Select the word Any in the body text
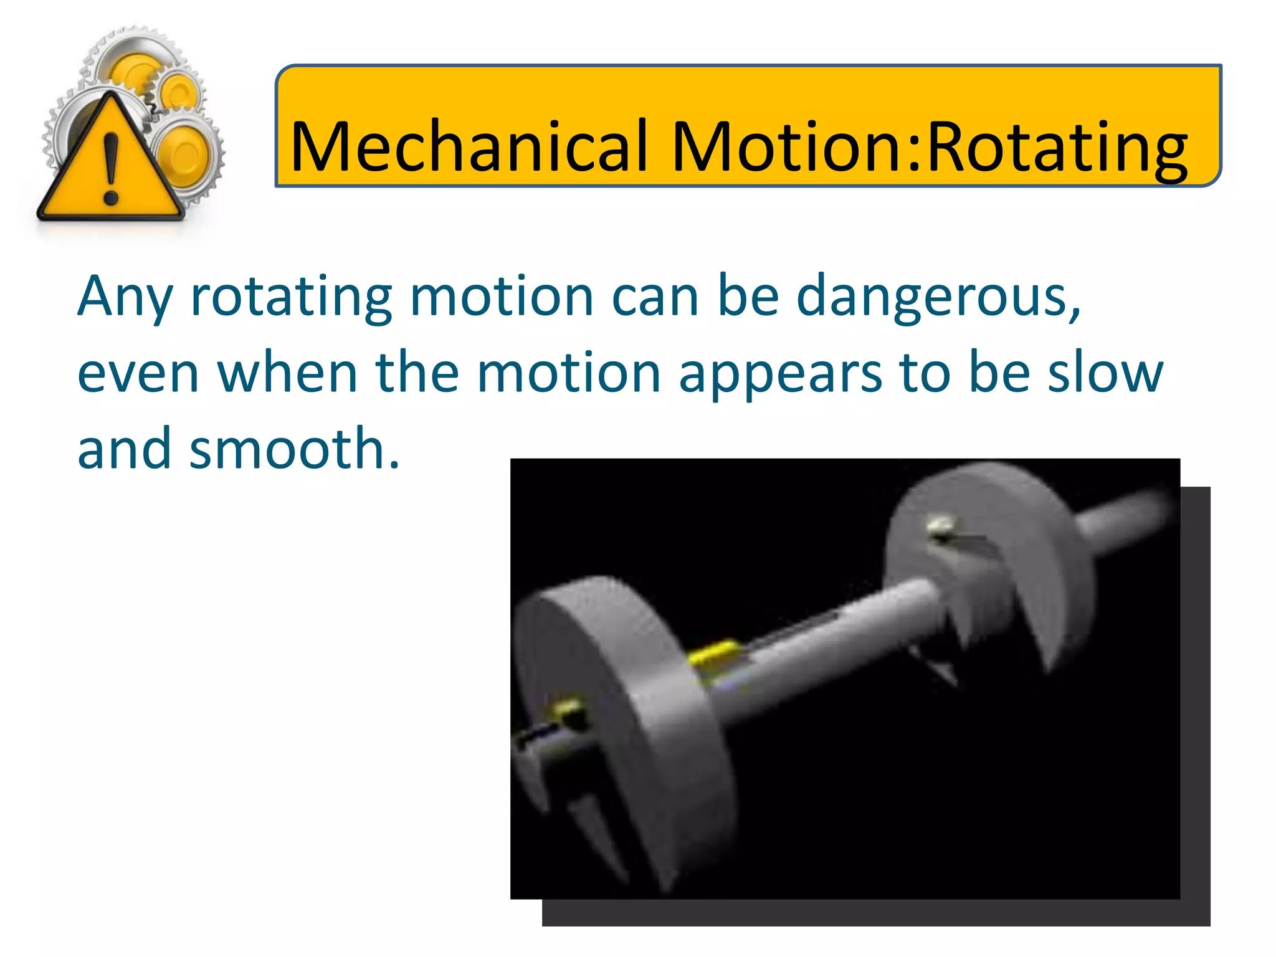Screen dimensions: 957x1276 [x=125, y=298]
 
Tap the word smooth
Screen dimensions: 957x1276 [x=294, y=449]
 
